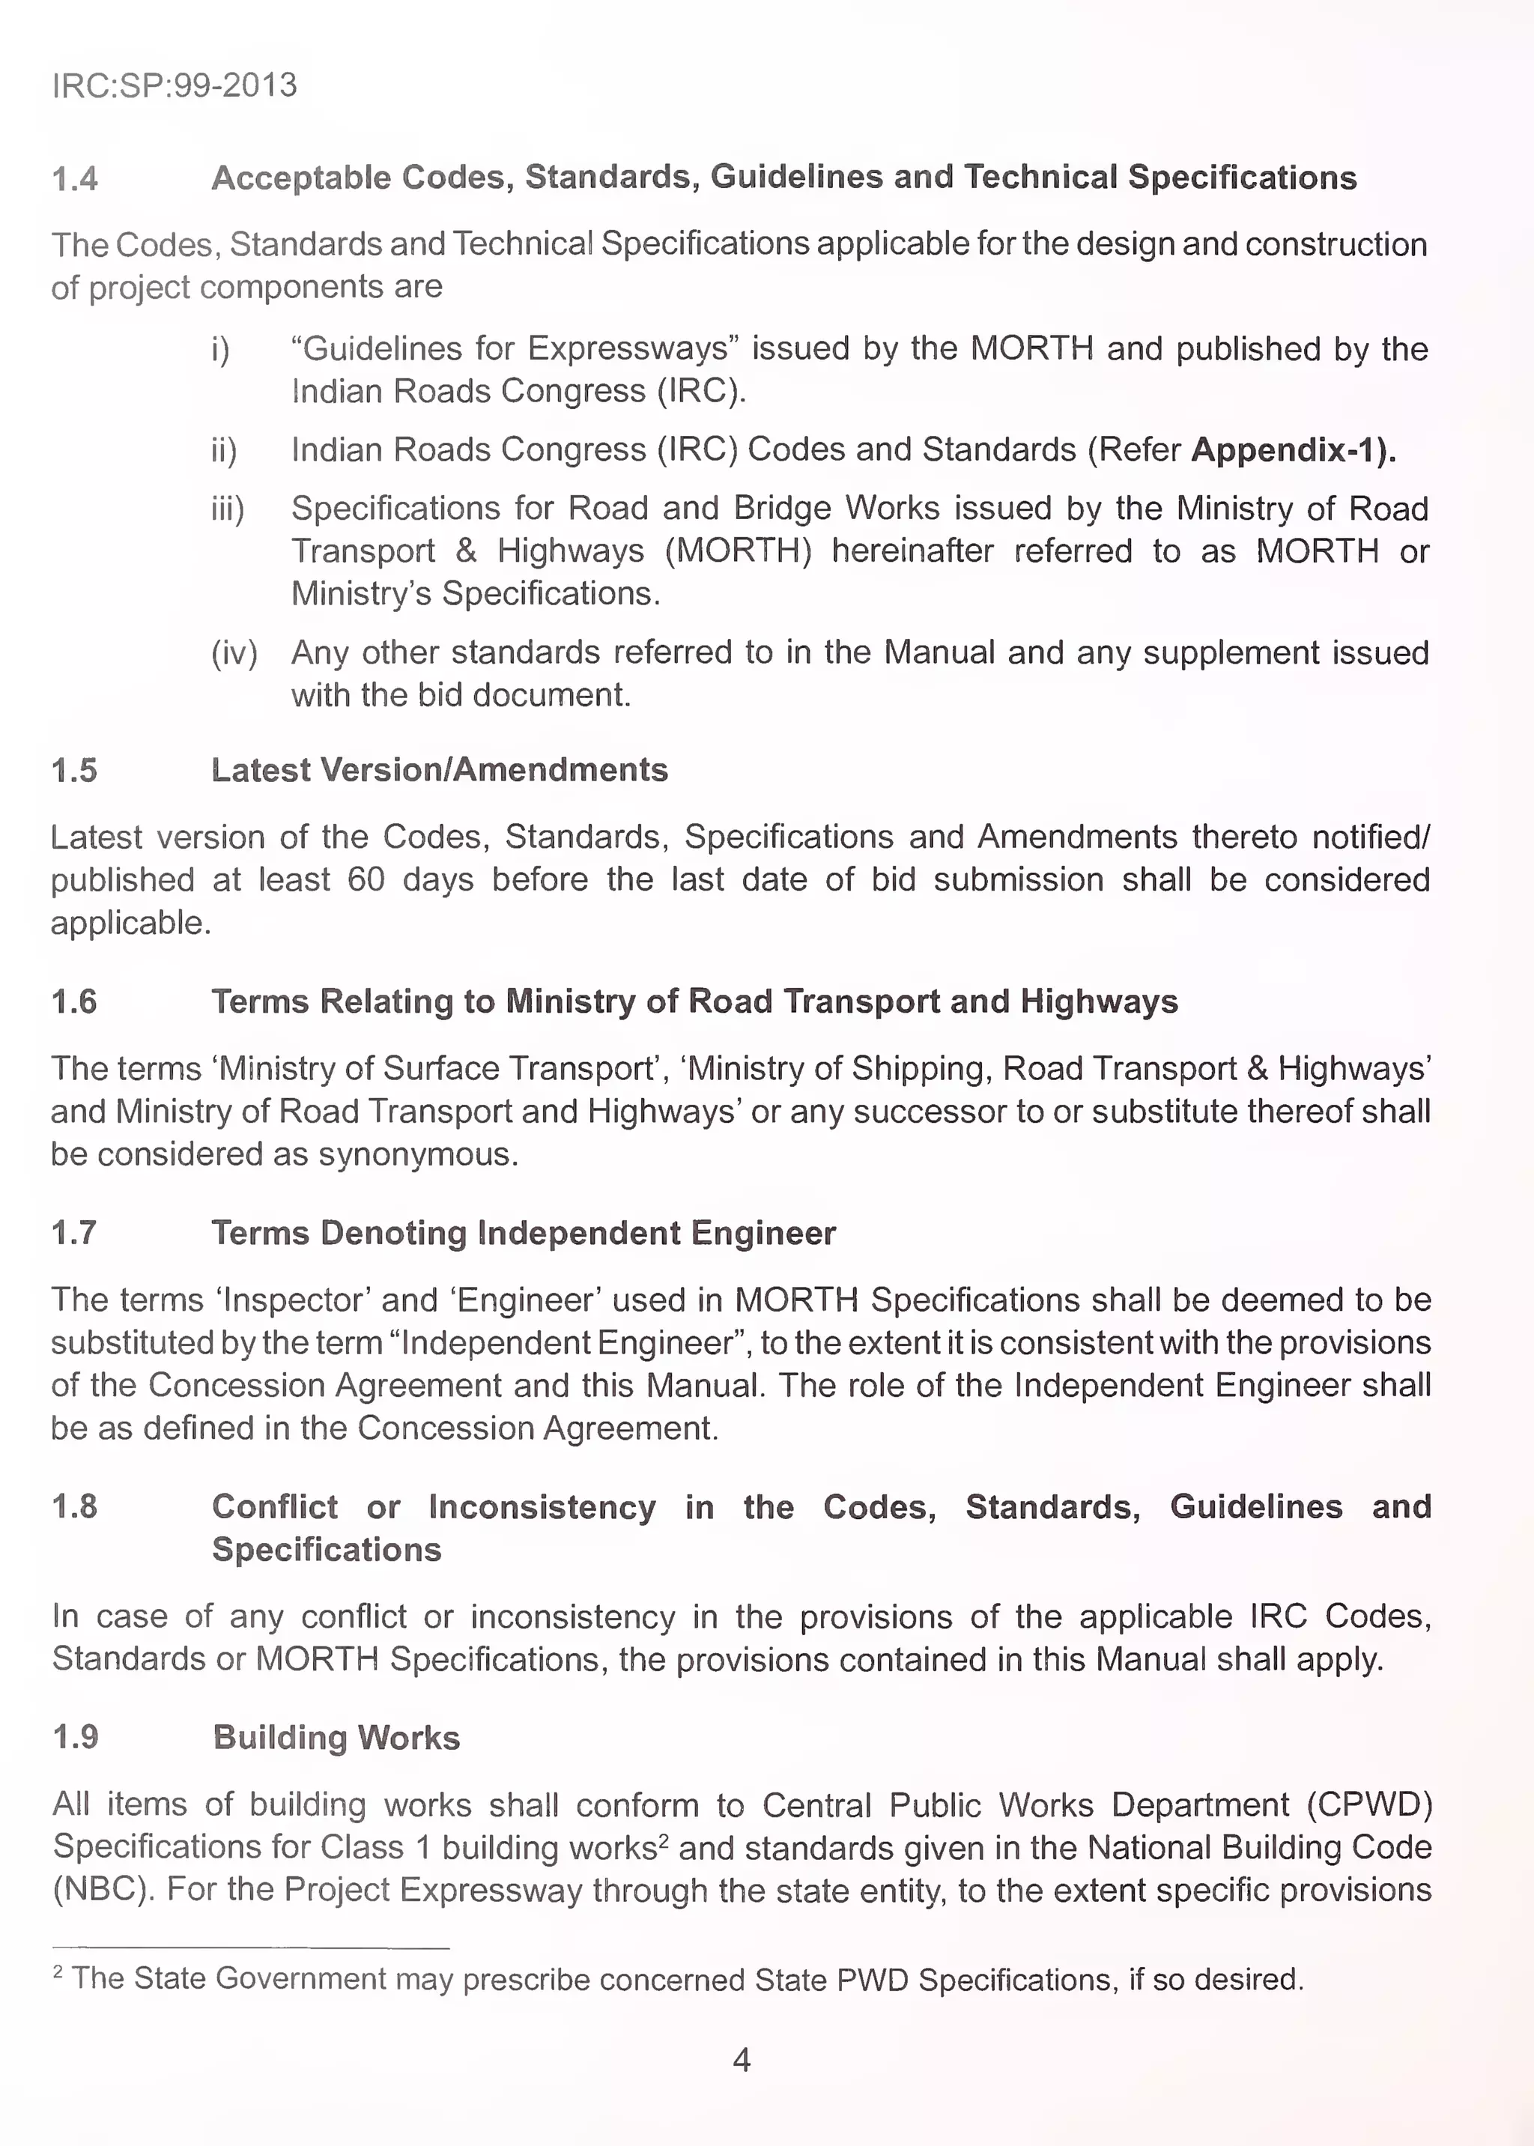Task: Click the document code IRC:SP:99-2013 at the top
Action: tap(174, 85)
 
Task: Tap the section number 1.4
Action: tap(75, 178)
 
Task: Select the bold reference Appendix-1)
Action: tap(1293, 449)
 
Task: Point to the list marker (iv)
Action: tap(233, 652)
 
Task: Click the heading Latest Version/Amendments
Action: tap(439, 770)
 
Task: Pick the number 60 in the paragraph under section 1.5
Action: tap(366, 880)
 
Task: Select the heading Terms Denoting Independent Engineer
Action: tap(524, 1233)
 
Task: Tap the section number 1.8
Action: tap(75, 1506)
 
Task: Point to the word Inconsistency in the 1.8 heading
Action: tap(542, 1506)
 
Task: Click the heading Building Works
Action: tap(336, 1738)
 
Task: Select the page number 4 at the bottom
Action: tap(742, 2060)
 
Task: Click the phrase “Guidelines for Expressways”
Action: tap(515, 348)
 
